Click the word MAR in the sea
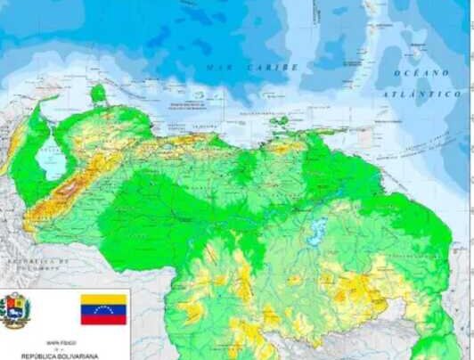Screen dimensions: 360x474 218,67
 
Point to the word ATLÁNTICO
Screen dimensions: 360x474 422,94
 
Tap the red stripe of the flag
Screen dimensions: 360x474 103,320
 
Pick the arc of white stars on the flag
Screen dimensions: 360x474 103,310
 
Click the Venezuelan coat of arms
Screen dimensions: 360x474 15,310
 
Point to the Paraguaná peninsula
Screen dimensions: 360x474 98,92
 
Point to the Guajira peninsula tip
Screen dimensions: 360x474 53,100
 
